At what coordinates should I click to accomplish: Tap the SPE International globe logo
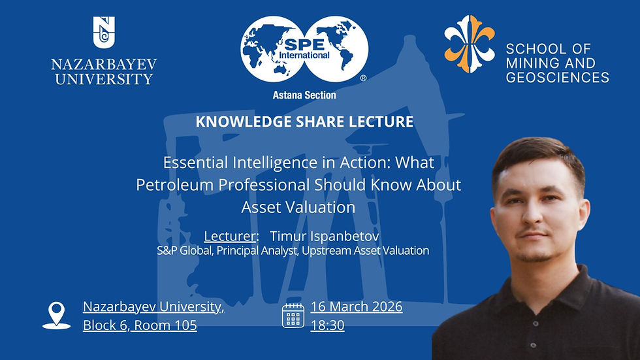tap(304, 51)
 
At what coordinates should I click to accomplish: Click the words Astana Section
tap(304, 95)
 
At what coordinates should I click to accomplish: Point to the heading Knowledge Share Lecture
tap(304, 122)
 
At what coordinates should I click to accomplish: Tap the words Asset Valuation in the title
tap(298, 207)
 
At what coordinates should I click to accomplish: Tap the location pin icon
tap(57, 316)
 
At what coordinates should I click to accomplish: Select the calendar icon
tap(293, 315)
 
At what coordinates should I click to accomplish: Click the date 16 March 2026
tap(357, 306)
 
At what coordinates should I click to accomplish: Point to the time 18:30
tap(328, 325)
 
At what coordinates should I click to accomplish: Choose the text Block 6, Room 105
tap(140, 325)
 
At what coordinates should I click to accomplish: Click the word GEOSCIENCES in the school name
tap(557, 77)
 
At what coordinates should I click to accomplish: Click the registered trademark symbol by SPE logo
tap(363, 77)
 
